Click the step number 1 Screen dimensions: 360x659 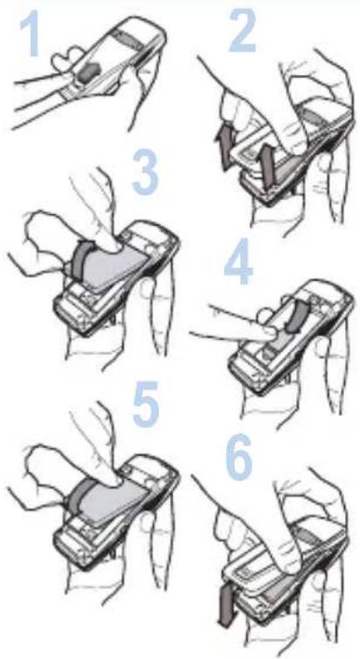pyautogui.click(x=31, y=33)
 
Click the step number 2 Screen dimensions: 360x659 pyautogui.click(x=242, y=30)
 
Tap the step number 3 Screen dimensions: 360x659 pyautogui.click(x=145, y=172)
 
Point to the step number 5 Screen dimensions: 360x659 pyautogui.click(x=146, y=405)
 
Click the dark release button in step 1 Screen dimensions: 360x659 pyautogui.click(x=88, y=72)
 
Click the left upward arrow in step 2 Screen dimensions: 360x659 pyautogui.click(x=224, y=148)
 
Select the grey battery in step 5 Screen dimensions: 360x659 pyautogui.click(x=114, y=500)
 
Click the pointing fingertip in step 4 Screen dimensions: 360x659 pyautogui.click(x=271, y=333)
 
